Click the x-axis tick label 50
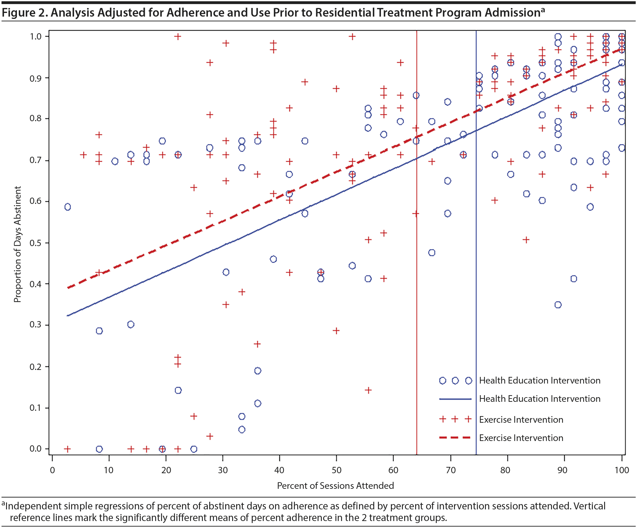click(x=336, y=470)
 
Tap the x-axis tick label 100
click(x=621, y=470)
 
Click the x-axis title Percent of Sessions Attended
click(x=335, y=486)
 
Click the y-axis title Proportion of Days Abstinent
click(x=17, y=244)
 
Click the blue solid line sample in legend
click(x=455, y=399)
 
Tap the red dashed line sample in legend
click(x=455, y=438)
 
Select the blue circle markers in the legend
click(x=455, y=381)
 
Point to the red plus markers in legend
click(x=455, y=419)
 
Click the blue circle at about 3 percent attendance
click(x=67, y=207)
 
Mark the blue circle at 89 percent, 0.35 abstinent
click(x=558, y=305)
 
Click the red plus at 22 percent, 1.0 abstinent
click(x=178, y=36)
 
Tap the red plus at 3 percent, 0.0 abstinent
click(x=67, y=449)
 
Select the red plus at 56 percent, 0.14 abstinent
click(x=368, y=390)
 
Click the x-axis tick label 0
click(x=52, y=470)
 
